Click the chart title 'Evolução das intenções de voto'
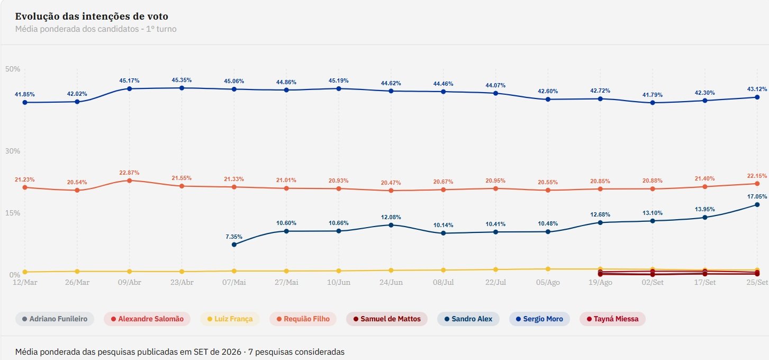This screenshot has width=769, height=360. [x=92, y=16]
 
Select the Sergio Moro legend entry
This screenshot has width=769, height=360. [x=539, y=319]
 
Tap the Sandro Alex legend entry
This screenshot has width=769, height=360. [x=468, y=319]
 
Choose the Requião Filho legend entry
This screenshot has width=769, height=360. [x=303, y=319]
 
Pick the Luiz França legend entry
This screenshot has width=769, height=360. [x=230, y=319]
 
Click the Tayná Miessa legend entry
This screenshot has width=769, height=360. [x=612, y=319]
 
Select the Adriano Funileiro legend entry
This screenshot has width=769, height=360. [x=55, y=319]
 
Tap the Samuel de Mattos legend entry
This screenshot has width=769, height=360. [x=387, y=319]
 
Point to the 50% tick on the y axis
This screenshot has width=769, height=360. [x=13, y=69]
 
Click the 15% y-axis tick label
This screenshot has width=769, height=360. [x=13, y=213]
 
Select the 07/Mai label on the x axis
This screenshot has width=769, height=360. [x=234, y=282]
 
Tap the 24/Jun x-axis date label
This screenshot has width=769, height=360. [x=391, y=282]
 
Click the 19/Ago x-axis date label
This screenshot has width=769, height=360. [x=600, y=282]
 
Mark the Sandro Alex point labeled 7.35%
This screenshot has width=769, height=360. [x=234, y=245]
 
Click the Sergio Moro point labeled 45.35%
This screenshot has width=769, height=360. [x=182, y=88]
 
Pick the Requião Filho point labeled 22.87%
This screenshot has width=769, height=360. [x=130, y=181]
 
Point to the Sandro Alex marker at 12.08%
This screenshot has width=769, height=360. [x=391, y=225]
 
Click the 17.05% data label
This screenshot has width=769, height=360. [x=757, y=196]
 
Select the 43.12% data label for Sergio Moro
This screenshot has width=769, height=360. [x=757, y=89]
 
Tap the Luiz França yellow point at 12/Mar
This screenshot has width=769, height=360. [x=25, y=272]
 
